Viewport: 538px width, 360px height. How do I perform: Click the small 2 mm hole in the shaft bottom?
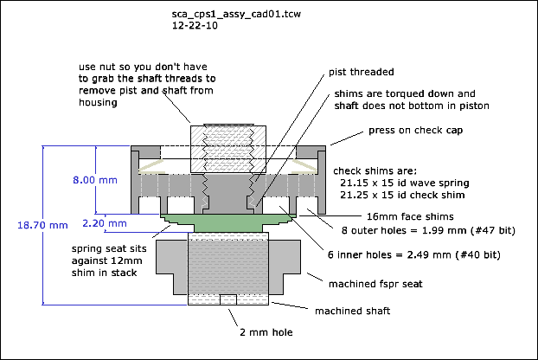[228, 299]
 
